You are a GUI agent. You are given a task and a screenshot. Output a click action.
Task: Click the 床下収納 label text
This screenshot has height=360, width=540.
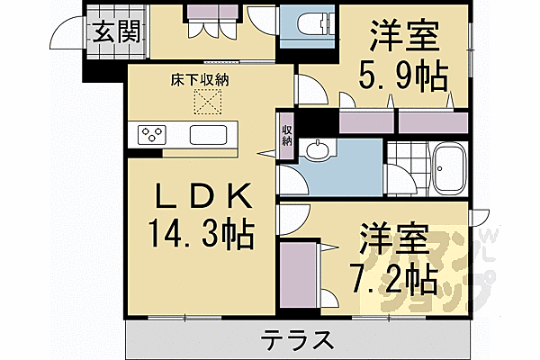click(x=201, y=80)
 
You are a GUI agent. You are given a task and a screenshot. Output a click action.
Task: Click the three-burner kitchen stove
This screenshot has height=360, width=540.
click(x=153, y=136)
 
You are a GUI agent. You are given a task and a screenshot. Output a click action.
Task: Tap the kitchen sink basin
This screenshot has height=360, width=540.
click(x=209, y=136)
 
